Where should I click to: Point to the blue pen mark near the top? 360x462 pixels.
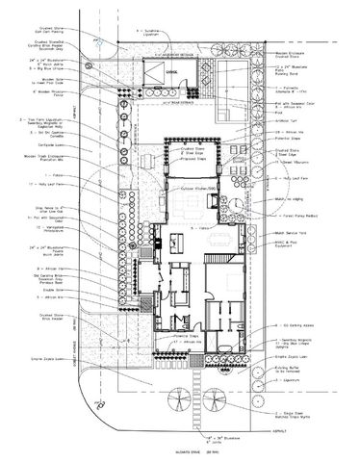[x=98, y=40]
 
